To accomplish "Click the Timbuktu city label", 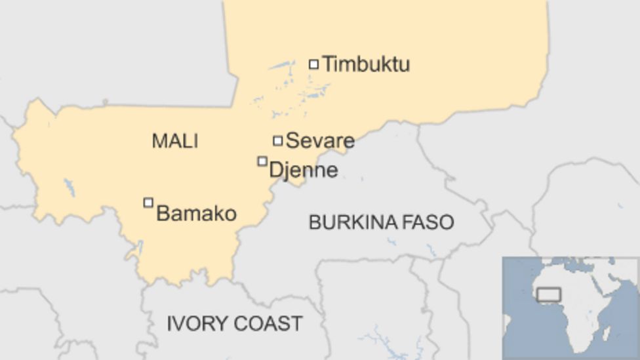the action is pyautogui.click(x=366, y=64).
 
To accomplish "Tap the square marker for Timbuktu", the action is pyautogui.click(x=314, y=64).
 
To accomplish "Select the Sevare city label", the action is pyautogui.click(x=320, y=140).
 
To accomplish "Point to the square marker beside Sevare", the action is pyautogui.click(x=278, y=140).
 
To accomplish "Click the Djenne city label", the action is pyautogui.click(x=304, y=170).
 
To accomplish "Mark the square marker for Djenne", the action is pyautogui.click(x=262, y=161).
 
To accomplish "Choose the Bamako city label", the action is pyautogui.click(x=196, y=213).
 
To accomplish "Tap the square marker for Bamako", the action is pyautogui.click(x=148, y=203).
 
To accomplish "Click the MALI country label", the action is pyautogui.click(x=174, y=141).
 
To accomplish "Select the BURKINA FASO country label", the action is pyautogui.click(x=381, y=222).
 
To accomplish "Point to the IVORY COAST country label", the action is pyautogui.click(x=234, y=323).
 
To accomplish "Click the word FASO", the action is pyautogui.click(x=430, y=222).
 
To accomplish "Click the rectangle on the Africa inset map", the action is pyautogui.click(x=549, y=295).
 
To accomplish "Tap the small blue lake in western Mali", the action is pyautogui.click(x=70, y=188).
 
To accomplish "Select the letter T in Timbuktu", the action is pyautogui.click(x=329, y=64).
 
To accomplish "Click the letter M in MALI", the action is pyautogui.click(x=158, y=141).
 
